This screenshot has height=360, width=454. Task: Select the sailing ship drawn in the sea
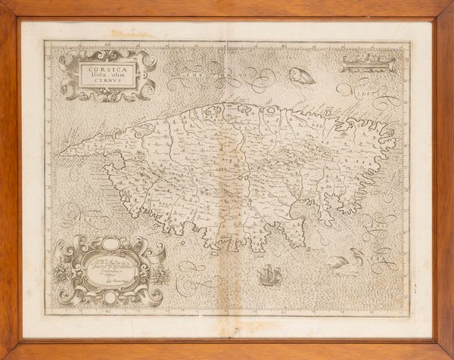pyautogui.click(x=269, y=277)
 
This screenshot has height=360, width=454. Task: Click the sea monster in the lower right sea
pyautogui.click(x=350, y=262)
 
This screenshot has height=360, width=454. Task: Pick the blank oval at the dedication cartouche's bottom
pyautogui.click(x=110, y=298)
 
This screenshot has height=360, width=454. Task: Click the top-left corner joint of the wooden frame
pyautogui.click(x=8, y=8)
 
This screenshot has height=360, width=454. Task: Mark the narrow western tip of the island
pyautogui.click(x=64, y=153)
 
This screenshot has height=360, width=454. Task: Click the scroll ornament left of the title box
pyautogui.click(x=67, y=75)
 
